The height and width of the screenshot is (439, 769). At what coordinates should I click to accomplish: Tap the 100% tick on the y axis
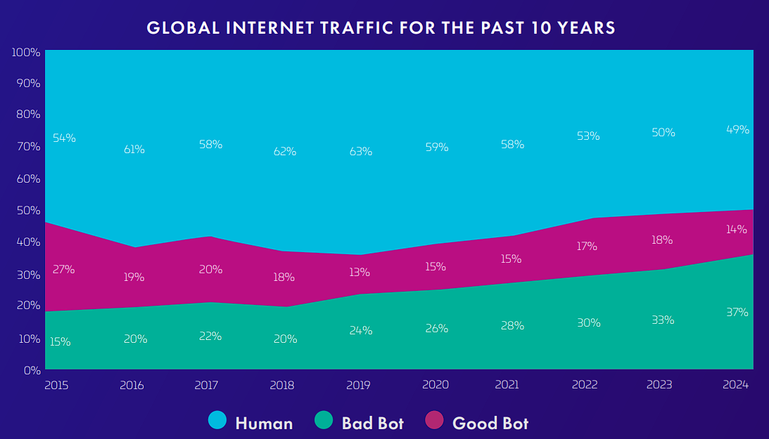click(26, 52)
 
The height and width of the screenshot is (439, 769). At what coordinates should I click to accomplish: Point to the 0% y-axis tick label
click(32, 370)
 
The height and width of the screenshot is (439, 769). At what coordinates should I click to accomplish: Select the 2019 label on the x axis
click(359, 385)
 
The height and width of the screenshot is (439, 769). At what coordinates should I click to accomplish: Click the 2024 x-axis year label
click(736, 385)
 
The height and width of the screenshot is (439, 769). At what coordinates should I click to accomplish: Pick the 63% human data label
click(360, 152)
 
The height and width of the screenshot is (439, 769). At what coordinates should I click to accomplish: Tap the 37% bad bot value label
click(737, 313)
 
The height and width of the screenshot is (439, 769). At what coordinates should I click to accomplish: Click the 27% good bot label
click(64, 269)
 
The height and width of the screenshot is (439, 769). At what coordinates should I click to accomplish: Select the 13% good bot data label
click(360, 272)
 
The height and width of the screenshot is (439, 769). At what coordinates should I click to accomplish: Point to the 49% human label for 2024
click(737, 130)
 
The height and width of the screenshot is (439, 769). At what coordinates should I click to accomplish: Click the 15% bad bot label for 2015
click(61, 342)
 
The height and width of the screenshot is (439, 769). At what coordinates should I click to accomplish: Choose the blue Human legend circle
click(217, 420)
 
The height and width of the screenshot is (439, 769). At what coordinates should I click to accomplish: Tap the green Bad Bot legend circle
click(324, 420)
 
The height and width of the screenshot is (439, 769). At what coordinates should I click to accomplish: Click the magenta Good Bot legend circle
click(435, 420)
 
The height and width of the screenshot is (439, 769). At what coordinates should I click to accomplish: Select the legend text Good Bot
click(490, 424)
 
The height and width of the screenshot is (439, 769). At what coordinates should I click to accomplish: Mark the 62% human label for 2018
click(285, 152)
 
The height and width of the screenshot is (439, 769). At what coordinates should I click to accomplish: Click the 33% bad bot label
click(663, 320)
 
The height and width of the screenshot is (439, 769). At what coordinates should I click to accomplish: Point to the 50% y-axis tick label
click(28, 211)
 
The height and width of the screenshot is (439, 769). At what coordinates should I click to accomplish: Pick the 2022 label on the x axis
click(585, 385)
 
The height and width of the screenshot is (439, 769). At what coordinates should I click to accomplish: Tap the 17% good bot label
click(587, 246)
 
